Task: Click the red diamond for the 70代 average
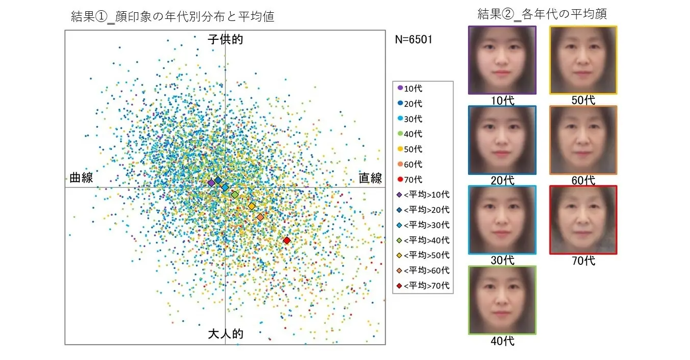tap(286, 240)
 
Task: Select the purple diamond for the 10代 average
tap(211, 183)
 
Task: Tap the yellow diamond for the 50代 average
tap(251, 206)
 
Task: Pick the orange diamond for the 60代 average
tap(260, 217)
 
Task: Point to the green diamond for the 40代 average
tap(235, 195)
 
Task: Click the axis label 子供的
tap(225, 39)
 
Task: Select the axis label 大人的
tap(225, 334)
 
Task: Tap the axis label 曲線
tap(81, 178)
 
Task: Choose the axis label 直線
tap(370, 178)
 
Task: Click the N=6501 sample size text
tap(413, 40)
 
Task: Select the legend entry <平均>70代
tap(423, 285)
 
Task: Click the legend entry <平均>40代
tap(423, 240)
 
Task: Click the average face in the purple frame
tap(502, 60)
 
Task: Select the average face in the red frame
tap(583, 220)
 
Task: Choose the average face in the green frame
tap(502, 300)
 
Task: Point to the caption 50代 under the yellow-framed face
tap(583, 100)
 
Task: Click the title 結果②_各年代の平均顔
tap(542, 14)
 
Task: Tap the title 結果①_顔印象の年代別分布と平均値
tap(172, 16)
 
